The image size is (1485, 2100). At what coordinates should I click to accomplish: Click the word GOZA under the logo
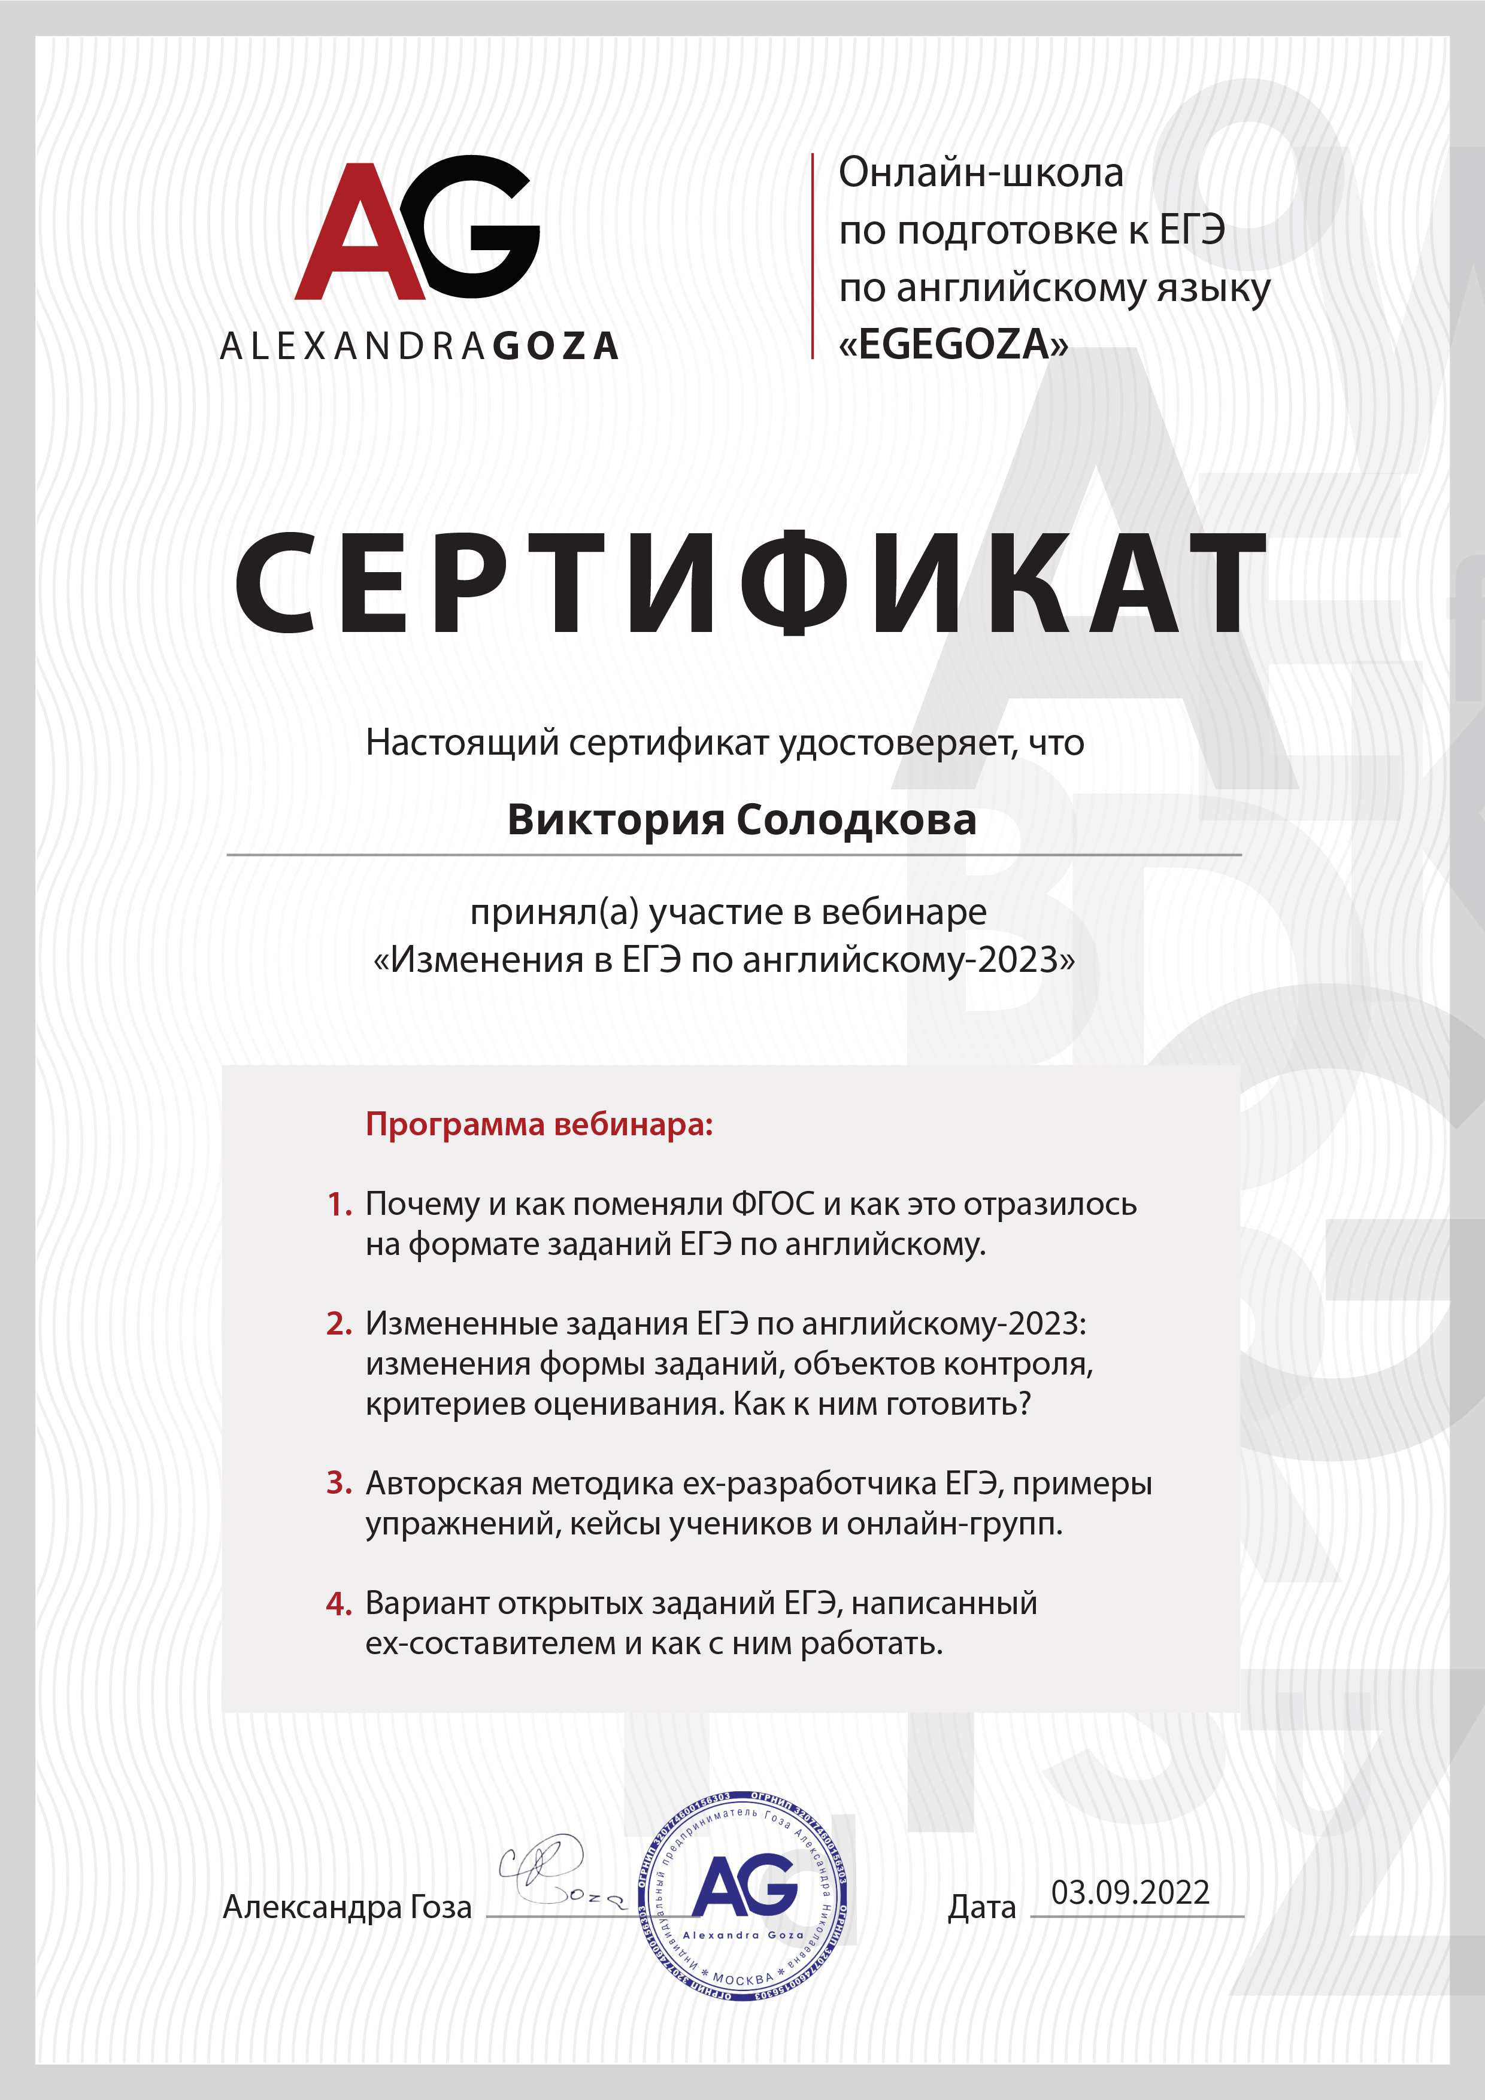tap(556, 347)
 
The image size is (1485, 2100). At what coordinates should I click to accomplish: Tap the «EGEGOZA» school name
tap(953, 344)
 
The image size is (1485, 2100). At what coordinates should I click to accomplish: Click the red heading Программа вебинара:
tap(539, 1123)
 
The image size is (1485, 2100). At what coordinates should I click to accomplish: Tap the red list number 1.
tap(340, 1205)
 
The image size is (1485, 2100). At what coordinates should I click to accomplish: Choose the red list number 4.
tap(340, 1603)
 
